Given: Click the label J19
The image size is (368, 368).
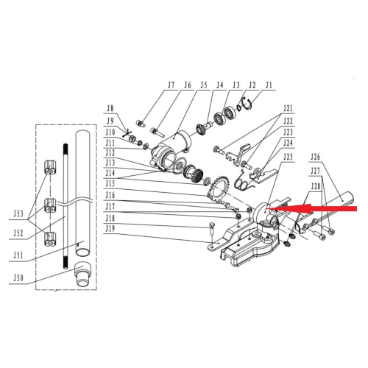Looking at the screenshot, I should click(110, 228).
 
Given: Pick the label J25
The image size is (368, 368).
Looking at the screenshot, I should click(287, 156).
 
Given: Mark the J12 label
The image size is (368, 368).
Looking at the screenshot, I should click(110, 152).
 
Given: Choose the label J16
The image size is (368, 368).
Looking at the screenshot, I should click(110, 195).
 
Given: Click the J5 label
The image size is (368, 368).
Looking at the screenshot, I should click(203, 85).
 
